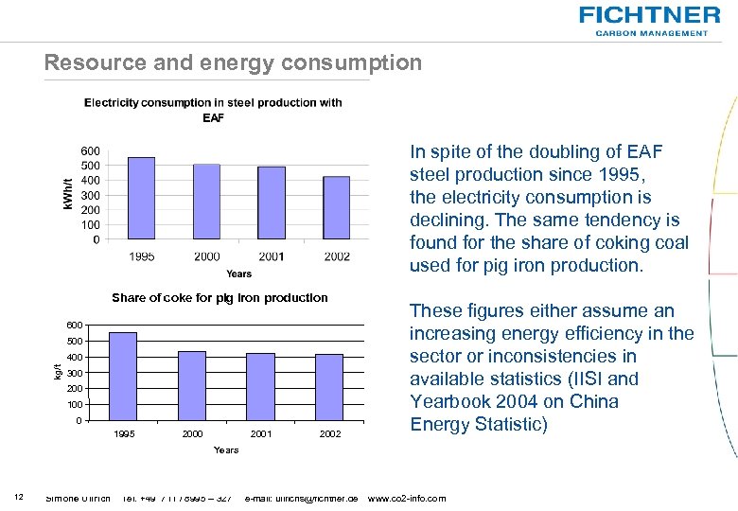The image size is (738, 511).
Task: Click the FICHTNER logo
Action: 649,15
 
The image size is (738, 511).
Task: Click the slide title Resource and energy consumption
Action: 233,63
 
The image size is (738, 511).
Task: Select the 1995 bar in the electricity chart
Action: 141,198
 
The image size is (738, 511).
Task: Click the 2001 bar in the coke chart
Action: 260,386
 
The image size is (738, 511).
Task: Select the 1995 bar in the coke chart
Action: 123,376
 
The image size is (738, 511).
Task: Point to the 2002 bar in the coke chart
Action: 329,387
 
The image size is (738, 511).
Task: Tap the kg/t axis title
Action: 58,373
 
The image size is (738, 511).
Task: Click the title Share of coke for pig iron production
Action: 220,297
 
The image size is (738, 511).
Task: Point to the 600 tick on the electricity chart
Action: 89,150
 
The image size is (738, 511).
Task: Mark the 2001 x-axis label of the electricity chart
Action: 272,256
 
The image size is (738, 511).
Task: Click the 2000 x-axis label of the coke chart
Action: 192,433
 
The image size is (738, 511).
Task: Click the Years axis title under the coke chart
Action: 226,449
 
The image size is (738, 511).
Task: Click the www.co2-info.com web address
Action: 406,498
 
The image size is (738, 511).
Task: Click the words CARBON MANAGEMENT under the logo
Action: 651,32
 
